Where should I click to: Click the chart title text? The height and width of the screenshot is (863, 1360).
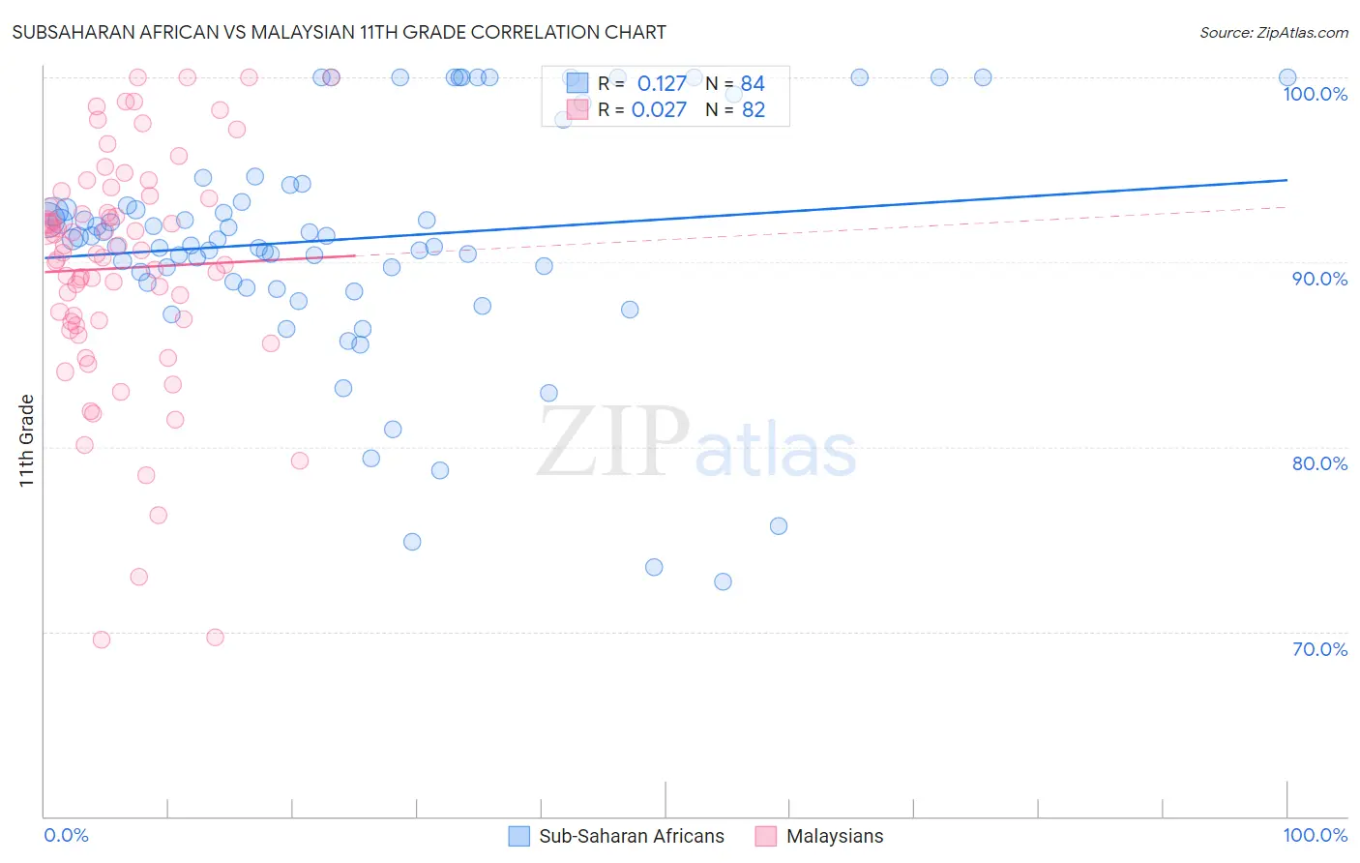coord(339,32)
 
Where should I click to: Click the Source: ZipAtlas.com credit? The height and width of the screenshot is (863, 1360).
coord(1273,33)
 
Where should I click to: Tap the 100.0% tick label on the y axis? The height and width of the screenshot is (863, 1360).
coord(1315,94)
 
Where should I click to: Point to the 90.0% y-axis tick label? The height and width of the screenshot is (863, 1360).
coord(1319,279)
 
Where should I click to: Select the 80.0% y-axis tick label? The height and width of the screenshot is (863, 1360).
coord(1319,463)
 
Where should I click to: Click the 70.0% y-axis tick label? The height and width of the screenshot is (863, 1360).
coord(1319,649)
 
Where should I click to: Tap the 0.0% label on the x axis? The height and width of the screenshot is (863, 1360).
coord(66,835)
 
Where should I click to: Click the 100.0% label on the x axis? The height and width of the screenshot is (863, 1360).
coord(1315,835)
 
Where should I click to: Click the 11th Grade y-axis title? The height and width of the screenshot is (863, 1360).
coord(27,440)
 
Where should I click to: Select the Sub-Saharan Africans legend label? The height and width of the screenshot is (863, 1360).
coord(631,836)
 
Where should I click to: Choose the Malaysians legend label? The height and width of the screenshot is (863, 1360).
coord(835,836)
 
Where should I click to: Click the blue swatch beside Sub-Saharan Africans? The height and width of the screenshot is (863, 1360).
coord(519,836)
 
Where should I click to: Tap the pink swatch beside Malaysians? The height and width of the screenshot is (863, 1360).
coord(766,836)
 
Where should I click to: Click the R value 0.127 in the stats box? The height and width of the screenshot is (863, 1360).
coord(662,83)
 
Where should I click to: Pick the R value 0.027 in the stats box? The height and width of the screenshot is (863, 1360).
coord(659,109)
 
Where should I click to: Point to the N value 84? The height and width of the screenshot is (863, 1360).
coord(753,83)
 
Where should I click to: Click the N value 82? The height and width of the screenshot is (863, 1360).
coord(753,109)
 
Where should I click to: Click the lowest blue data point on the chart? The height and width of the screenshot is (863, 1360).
coord(723,581)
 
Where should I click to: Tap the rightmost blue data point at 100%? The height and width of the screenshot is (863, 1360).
coord(1287,77)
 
